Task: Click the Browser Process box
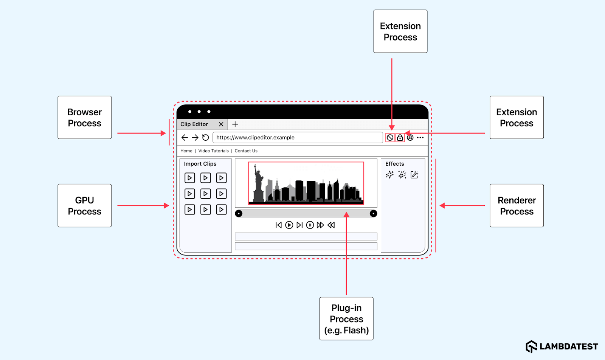coord(85,118)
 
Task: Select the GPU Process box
coord(85,205)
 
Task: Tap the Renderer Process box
coord(517,205)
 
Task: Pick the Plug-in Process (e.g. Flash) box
coord(346,319)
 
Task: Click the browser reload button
coord(206,138)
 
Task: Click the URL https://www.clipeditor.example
coord(256,138)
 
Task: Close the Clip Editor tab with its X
coord(221,124)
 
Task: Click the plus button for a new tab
coord(235,124)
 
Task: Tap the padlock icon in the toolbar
coord(400,138)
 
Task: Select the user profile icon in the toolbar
coord(410,138)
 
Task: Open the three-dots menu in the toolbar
coord(420,138)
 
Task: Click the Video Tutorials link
coord(213,151)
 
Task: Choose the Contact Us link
coord(246,151)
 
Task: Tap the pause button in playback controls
coord(310,225)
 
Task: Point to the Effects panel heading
coord(395,164)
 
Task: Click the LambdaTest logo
coord(562,346)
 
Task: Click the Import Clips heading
coord(200,164)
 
